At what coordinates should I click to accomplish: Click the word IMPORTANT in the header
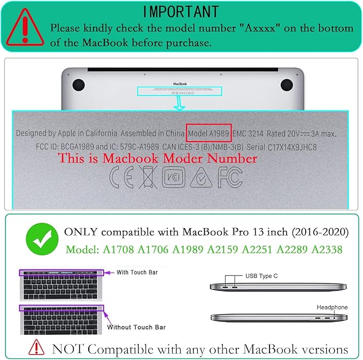[x=181, y=11]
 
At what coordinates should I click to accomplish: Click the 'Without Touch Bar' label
[x=136, y=327]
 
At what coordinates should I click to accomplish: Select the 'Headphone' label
[x=332, y=307]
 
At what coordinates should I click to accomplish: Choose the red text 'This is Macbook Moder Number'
[x=158, y=159]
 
